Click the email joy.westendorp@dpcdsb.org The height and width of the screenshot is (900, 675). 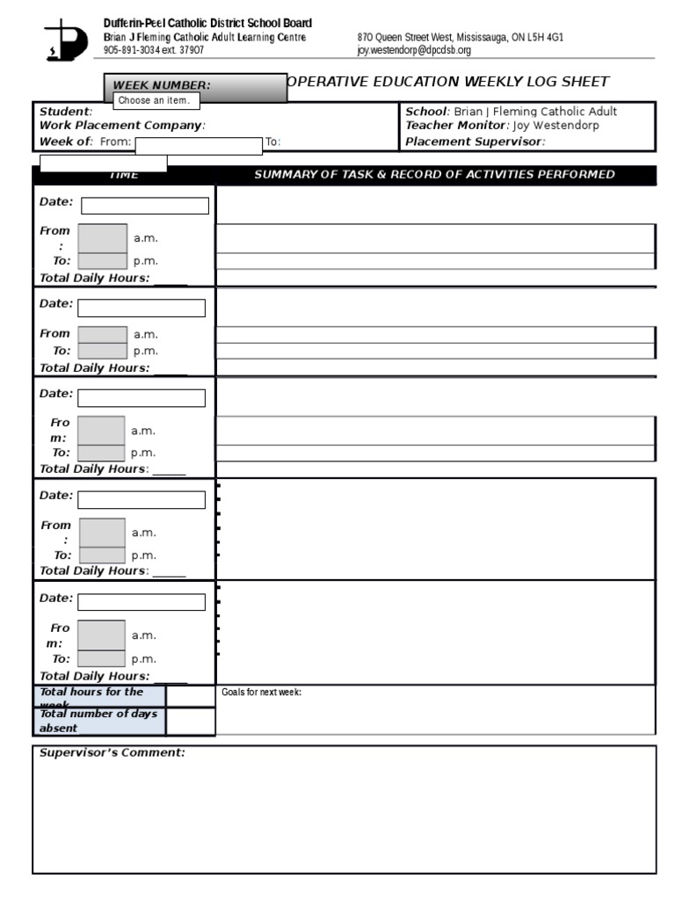(414, 51)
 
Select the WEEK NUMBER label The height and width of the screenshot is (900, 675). (161, 85)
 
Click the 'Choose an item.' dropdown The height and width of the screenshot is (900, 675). (154, 101)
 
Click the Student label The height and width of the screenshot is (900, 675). (64, 112)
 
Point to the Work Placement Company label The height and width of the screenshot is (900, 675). (120, 126)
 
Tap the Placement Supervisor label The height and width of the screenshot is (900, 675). (474, 142)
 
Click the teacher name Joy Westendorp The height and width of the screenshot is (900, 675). (557, 126)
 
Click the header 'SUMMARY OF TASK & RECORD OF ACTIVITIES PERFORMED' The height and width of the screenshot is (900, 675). (434, 175)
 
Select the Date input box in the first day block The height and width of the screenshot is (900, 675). (145, 206)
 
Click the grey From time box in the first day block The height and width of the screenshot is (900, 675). (102, 238)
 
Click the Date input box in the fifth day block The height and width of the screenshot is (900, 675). (142, 602)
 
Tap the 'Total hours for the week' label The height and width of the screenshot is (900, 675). (91, 697)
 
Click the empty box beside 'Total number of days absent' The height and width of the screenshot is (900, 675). (190, 722)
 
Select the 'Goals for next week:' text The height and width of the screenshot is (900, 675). (261, 693)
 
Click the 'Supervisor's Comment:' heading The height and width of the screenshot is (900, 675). (112, 753)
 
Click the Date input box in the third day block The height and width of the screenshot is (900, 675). (142, 398)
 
